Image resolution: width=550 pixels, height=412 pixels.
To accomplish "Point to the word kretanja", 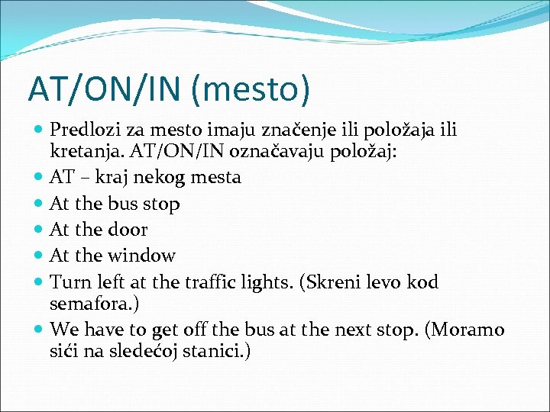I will pos(82,152).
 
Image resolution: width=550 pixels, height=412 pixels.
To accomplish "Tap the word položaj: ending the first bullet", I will pos(361,152).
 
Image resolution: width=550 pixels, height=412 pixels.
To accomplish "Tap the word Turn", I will pos(69,282).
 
